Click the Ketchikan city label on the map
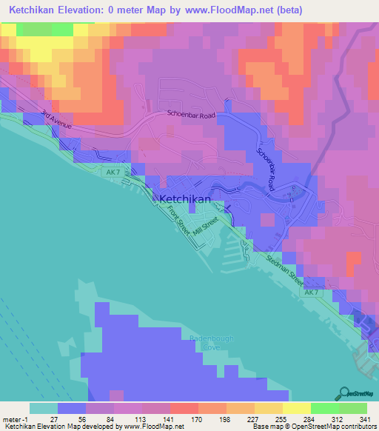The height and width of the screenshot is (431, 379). (x=185, y=199)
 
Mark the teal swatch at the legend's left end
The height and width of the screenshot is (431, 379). (x=44, y=407)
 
